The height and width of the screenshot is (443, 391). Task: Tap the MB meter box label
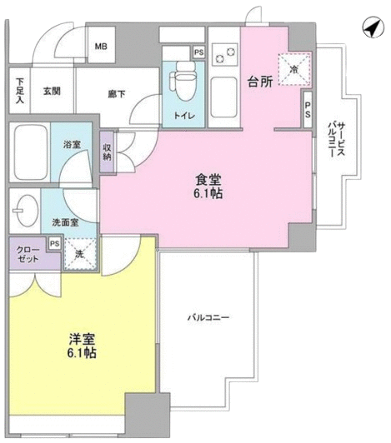tap(101, 47)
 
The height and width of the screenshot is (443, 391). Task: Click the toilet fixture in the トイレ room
tap(185, 81)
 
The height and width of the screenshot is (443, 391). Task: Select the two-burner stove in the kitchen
tap(225, 54)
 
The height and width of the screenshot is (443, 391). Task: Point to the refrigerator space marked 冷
tap(294, 69)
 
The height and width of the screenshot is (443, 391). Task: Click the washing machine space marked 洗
tap(80, 254)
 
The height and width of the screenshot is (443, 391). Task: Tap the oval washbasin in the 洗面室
tap(26, 211)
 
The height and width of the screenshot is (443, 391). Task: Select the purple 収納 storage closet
tap(107, 152)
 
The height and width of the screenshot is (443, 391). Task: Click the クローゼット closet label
tap(28, 254)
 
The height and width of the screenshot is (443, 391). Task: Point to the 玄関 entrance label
tap(52, 91)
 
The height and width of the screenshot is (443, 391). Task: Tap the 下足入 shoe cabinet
tap(19, 91)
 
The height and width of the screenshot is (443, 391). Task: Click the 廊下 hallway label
tap(117, 94)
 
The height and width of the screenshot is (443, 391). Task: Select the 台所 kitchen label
tap(260, 82)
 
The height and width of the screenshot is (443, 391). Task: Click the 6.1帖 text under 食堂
tap(208, 193)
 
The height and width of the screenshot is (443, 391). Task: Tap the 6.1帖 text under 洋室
tap(82, 352)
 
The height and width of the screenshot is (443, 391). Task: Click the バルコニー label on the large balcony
tap(208, 318)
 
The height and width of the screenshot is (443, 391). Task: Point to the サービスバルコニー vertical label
tap(337, 140)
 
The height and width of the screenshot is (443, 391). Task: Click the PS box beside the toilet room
tap(199, 52)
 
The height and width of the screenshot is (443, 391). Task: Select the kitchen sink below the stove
tap(223, 97)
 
